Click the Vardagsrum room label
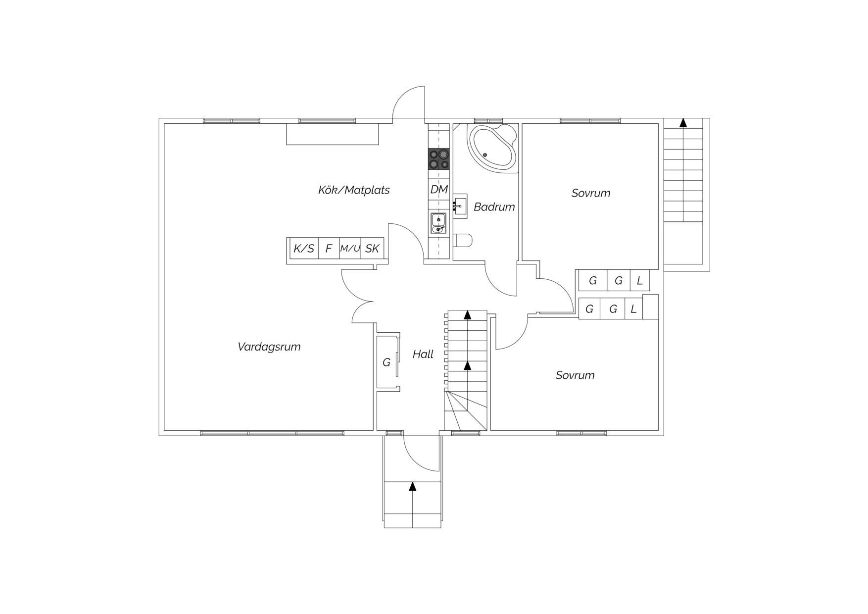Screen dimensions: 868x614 [x=269, y=347]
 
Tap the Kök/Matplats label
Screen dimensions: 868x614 [x=354, y=190]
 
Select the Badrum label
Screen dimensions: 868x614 [x=494, y=206]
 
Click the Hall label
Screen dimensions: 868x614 [x=423, y=354]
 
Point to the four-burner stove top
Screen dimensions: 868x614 [x=439, y=159]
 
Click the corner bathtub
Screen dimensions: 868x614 [x=493, y=148]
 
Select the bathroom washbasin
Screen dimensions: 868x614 [x=460, y=206]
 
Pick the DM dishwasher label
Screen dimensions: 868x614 [x=439, y=189]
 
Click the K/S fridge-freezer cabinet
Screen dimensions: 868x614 [x=304, y=249]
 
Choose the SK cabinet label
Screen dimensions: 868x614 [x=372, y=249]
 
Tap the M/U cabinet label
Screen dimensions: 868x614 [x=350, y=249]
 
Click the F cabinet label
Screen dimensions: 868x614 [x=329, y=249]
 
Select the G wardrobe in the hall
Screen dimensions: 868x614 [x=387, y=362]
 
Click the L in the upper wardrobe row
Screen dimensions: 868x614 [x=640, y=281]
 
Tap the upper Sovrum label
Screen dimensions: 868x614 [x=591, y=193]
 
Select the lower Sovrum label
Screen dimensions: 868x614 [x=575, y=375]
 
